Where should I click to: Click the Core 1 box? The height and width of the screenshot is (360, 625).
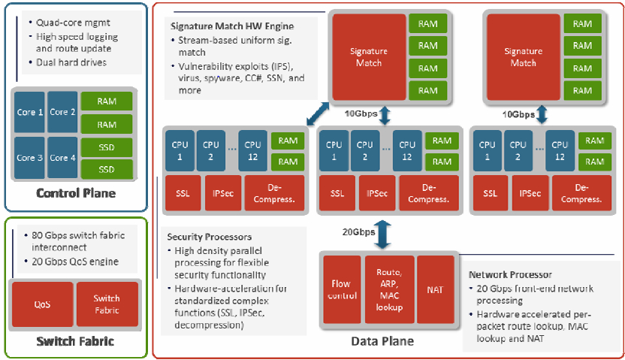pos(29,112)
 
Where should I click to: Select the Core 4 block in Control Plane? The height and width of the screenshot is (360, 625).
pos(62,158)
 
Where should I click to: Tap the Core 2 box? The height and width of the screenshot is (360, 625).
pos(62,112)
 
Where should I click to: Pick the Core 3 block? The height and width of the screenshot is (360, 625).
pos(29,158)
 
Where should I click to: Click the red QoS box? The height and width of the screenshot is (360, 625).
pos(43,304)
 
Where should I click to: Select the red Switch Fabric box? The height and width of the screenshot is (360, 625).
pos(107,304)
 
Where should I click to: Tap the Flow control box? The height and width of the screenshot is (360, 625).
pos(342,289)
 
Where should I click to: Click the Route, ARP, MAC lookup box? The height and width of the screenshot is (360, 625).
pos(389,289)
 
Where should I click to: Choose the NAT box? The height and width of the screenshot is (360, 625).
pos(435,289)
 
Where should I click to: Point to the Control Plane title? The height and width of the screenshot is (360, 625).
pos(76,193)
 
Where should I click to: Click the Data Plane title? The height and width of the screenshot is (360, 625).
pos(382,341)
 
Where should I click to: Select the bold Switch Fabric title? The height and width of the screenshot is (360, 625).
pos(75,341)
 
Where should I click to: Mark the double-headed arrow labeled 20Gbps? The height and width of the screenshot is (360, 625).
pos(382,234)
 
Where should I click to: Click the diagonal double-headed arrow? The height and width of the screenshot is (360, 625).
pos(318,113)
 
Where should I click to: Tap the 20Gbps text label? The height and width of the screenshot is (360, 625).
pos(359,232)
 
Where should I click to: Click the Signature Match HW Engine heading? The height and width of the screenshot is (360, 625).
pos(232,26)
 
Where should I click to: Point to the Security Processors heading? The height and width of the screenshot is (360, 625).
pos(210,237)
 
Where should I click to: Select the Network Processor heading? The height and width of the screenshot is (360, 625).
pos(510,274)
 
